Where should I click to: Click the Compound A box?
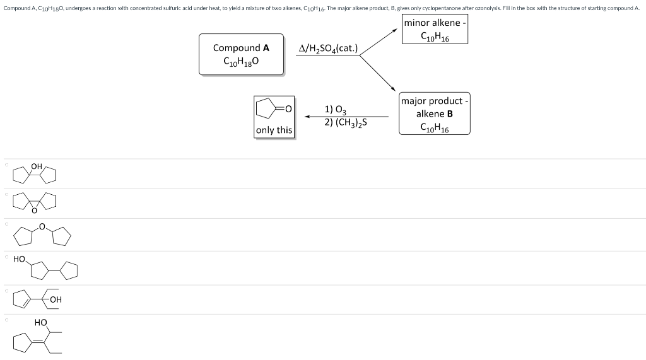[241, 55]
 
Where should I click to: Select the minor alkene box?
[435, 30]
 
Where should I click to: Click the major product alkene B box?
[434, 113]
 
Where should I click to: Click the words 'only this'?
[274, 131]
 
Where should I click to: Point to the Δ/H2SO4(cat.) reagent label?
[328, 48]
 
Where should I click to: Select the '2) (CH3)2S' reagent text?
[346, 122]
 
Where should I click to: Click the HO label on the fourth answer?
[19, 259]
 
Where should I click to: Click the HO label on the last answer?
[41, 322]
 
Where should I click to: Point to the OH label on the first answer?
[37, 166]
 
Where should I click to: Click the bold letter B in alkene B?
[449, 113]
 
